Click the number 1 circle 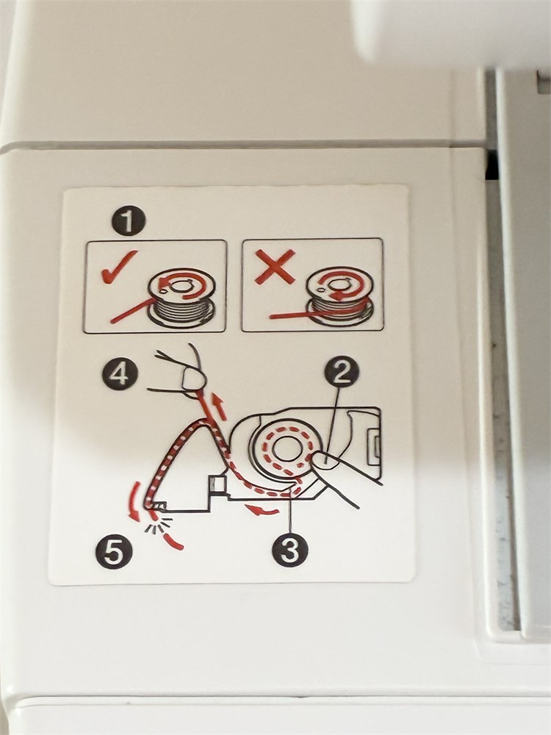tap(129, 220)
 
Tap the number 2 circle tap(342, 374)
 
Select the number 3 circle tap(290, 550)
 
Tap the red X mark tap(275, 266)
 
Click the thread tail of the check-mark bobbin tap(132, 310)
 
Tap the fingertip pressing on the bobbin tap(325, 460)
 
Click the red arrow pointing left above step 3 tap(263, 509)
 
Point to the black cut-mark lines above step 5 tap(157, 526)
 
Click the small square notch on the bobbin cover tap(217, 483)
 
